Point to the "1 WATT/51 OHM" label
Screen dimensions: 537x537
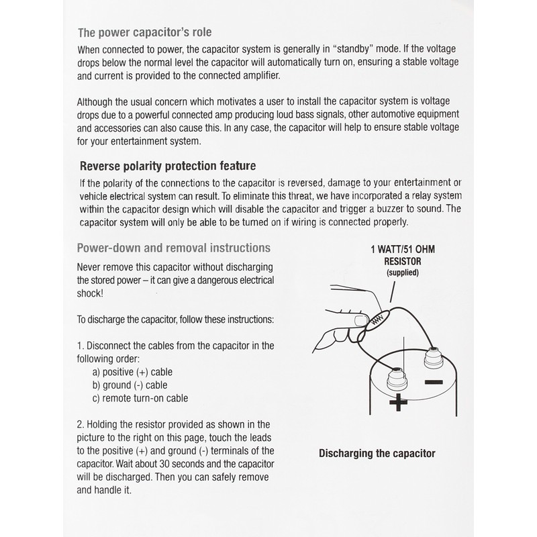[403, 248]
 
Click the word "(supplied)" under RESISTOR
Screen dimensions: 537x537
[403, 273]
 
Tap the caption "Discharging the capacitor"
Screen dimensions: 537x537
[377, 453]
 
